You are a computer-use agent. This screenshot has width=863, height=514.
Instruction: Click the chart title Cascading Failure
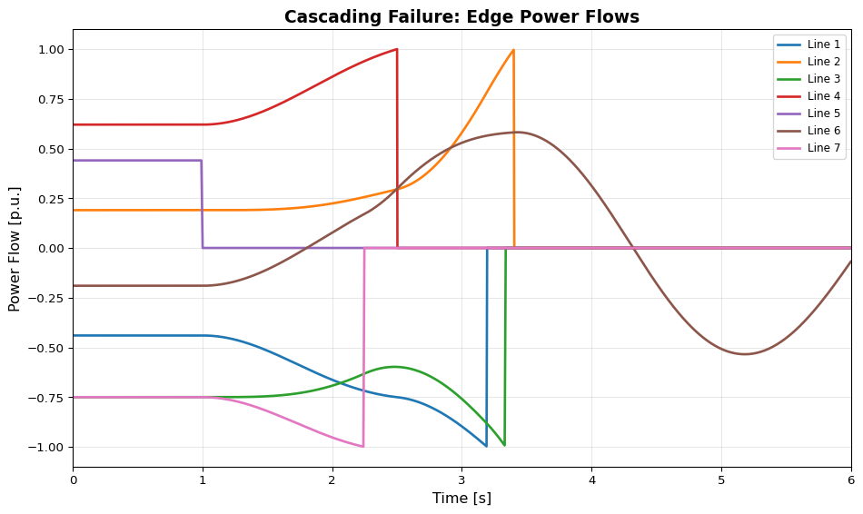(461, 16)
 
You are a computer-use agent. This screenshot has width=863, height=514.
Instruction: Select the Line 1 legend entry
(824, 44)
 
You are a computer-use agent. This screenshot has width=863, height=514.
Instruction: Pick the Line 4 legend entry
(824, 96)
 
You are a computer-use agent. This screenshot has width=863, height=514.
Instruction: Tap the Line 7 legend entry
(824, 148)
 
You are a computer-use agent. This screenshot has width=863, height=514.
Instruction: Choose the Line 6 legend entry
(824, 131)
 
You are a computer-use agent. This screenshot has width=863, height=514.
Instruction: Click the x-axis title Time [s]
(461, 498)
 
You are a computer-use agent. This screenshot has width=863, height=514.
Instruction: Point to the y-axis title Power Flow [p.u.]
(15, 249)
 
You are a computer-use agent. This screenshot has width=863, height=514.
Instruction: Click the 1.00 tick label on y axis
(48, 49)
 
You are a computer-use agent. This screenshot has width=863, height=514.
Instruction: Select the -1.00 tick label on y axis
(45, 447)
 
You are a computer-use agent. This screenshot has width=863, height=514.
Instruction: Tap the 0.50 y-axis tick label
(48, 149)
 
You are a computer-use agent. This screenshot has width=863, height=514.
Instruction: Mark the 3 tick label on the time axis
(461, 479)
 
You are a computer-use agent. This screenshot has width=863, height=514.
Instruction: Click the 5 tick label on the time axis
(721, 479)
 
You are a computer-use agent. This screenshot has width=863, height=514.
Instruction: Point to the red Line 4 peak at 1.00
(396, 49)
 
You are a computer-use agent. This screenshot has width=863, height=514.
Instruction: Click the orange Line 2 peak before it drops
(513, 50)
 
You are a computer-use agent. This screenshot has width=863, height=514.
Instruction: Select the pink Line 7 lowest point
(362, 446)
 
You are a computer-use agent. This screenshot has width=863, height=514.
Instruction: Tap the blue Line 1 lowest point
(486, 446)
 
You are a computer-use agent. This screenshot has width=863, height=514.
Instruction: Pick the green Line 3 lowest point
(504, 445)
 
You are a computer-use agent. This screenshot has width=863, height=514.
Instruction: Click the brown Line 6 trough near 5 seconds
(745, 354)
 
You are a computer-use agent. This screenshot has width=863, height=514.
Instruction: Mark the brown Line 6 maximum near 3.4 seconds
(516, 132)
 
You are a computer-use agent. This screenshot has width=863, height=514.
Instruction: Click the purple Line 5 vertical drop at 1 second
(202, 204)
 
